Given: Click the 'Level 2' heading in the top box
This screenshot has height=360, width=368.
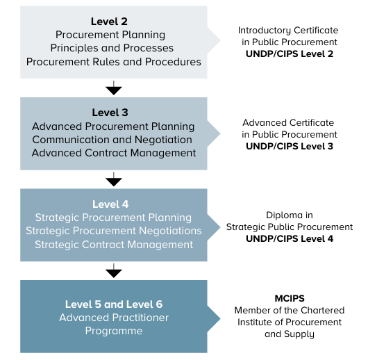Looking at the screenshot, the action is pos(109,22).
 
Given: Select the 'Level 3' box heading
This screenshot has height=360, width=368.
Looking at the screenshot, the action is pos(110,113).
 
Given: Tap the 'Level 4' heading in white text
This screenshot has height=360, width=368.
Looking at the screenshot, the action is pos(110,204).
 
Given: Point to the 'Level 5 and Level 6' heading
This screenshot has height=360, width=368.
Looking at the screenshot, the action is pos(114,304).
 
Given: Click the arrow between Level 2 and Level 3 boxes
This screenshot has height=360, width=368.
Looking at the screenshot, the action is pos(114,88).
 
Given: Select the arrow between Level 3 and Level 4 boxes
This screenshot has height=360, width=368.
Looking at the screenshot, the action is pos(114,179).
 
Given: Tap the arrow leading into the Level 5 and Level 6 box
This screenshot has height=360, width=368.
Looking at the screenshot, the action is pos(114,271).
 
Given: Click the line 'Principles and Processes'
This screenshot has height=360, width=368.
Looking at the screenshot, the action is pos(112,48).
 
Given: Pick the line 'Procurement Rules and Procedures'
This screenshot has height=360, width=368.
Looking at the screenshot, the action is pos(114,62).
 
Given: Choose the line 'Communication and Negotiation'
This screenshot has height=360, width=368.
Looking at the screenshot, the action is pos(112,140).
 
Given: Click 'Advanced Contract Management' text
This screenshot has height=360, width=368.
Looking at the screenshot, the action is pos(114,153).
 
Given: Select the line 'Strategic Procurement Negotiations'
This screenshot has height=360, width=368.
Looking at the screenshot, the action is pos(114,231).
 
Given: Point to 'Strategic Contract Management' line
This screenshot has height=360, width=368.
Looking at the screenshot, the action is pos(114,245).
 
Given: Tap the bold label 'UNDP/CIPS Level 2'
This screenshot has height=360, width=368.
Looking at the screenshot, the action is pos(290,54).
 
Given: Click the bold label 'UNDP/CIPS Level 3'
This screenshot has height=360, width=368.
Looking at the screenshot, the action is pos(290,146).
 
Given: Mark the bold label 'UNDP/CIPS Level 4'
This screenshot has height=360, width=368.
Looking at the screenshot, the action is pos(290,239).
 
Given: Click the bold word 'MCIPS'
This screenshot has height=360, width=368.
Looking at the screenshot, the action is pos(290,298).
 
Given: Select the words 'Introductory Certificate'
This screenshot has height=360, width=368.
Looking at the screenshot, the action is pos(288,31).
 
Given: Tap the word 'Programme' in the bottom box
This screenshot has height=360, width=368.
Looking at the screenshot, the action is pos(114,331).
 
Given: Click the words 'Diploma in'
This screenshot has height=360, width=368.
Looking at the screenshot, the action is pos(290,215).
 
